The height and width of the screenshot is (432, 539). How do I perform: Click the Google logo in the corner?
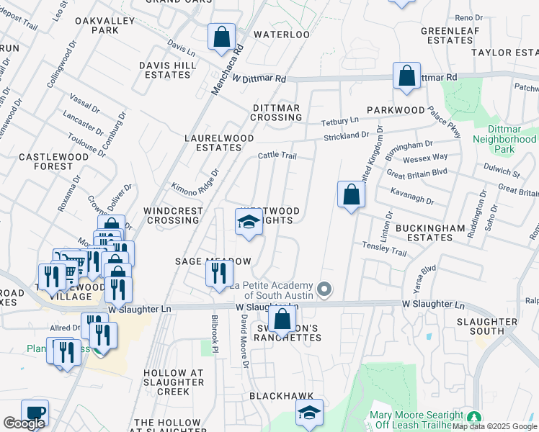click(24, 423)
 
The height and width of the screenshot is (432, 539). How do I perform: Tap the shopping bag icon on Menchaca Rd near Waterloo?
click(222, 36)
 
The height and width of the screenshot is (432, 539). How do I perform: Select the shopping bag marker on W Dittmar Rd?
click(407, 76)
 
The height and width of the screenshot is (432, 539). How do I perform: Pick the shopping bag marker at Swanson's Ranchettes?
click(283, 318)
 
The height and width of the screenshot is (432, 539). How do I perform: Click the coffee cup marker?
click(35, 413)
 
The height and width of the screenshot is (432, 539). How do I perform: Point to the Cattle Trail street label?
click(277, 156)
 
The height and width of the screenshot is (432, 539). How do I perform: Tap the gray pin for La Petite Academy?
click(325, 289)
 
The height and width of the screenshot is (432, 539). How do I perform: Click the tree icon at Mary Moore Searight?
click(473, 417)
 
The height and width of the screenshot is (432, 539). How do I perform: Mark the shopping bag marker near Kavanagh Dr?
click(350, 194)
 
